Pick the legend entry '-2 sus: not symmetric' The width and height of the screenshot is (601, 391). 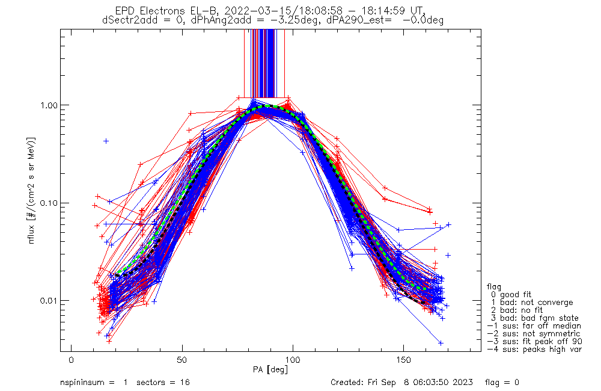point(534,333)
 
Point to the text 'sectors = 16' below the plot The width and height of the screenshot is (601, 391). point(163,383)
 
